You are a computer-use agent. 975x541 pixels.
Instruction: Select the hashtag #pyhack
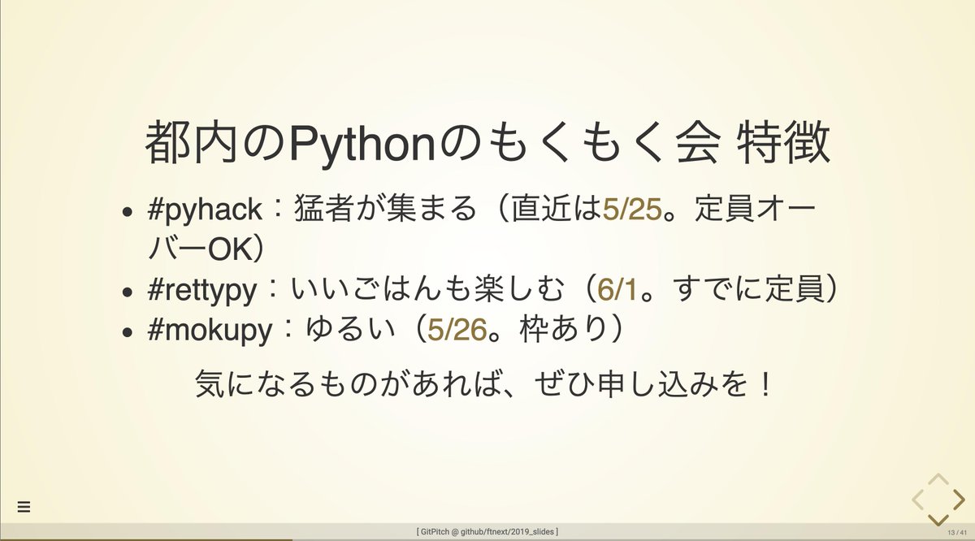click(x=205, y=210)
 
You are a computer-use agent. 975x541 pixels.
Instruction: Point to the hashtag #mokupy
click(x=208, y=331)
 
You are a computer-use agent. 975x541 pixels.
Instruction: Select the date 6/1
click(x=616, y=290)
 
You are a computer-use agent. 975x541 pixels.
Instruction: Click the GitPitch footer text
click(x=487, y=532)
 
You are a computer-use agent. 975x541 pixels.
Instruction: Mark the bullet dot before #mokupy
click(x=127, y=333)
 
